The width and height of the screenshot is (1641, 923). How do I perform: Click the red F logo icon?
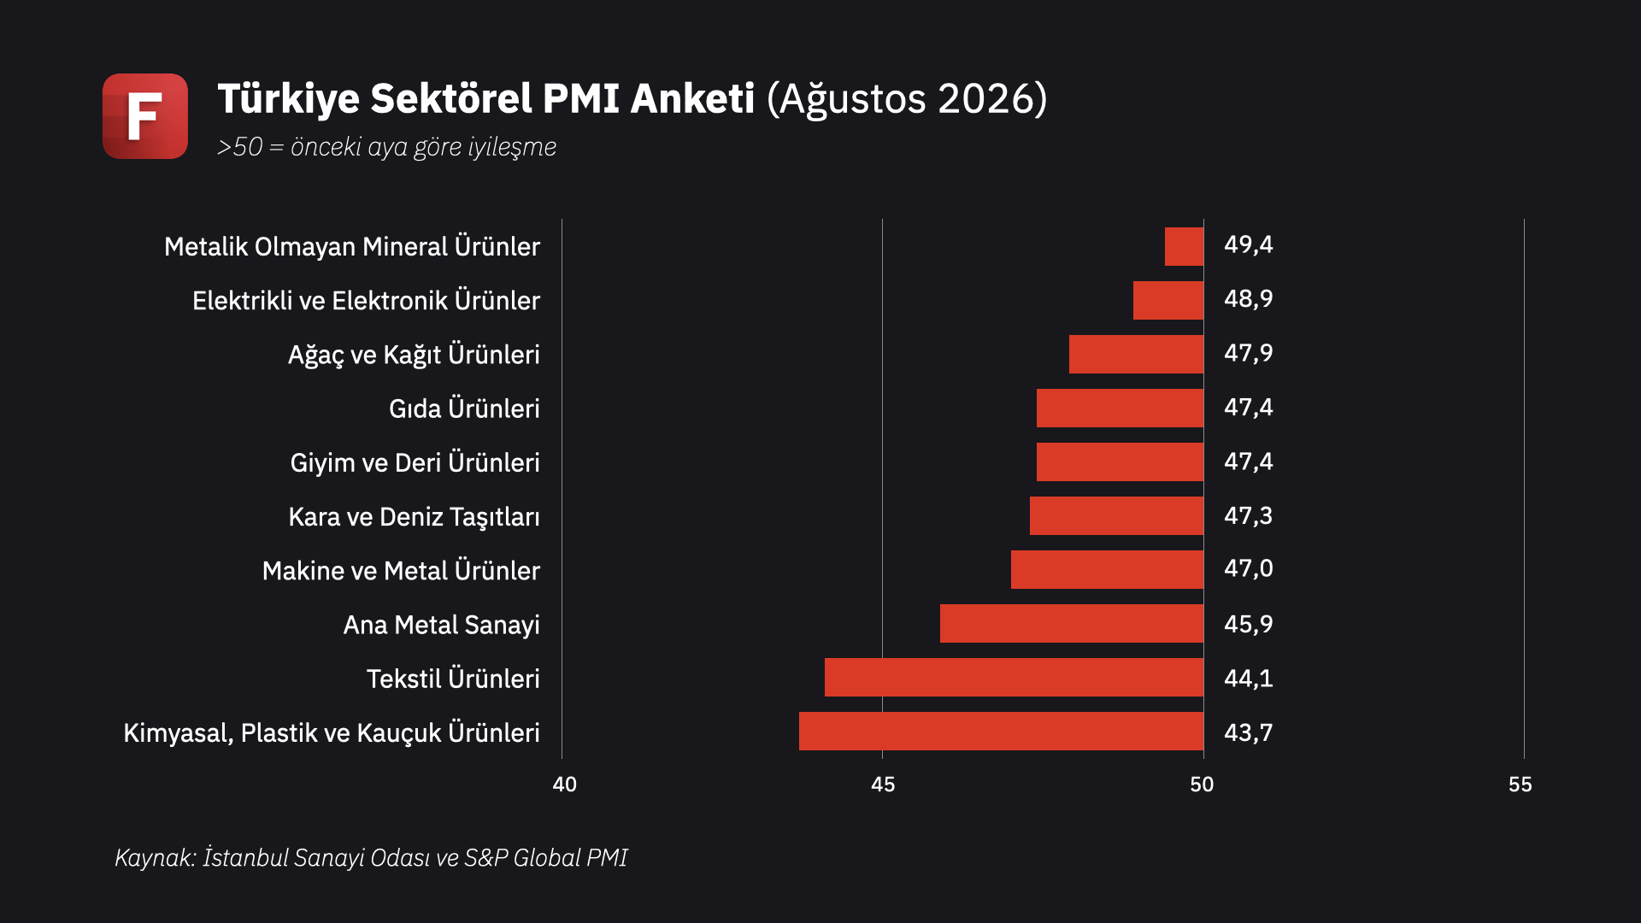click(x=145, y=116)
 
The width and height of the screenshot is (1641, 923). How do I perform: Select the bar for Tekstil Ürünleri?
click(x=1014, y=677)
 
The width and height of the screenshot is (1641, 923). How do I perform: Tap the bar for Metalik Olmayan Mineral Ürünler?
click(x=1184, y=246)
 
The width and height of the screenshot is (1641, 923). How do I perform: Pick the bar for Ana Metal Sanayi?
click(x=1072, y=623)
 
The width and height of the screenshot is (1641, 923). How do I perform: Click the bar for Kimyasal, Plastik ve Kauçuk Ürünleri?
click(x=1001, y=731)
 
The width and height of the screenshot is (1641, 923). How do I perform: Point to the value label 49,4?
click(x=1249, y=245)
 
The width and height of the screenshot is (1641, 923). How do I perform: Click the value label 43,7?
click(x=1249, y=732)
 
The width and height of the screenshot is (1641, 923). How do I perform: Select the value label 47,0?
click(x=1249, y=568)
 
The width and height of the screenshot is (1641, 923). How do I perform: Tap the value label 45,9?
click(x=1249, y=624)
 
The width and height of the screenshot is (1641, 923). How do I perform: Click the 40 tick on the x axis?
click(x=565, y=785)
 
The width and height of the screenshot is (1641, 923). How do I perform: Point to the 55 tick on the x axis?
click(x=1520, y=785)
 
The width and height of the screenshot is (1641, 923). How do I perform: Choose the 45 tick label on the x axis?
click(x=883, y=785)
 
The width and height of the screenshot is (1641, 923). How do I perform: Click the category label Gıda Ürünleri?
click(x=464, y=408)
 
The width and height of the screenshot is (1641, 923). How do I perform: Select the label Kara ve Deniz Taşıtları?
click(x=415, y=517)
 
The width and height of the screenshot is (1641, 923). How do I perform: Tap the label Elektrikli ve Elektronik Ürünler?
click(x=366, y=300)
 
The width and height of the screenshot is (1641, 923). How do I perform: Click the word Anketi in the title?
click(x=692, y=98)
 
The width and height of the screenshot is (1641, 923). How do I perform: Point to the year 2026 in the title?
click(x=986, y=98)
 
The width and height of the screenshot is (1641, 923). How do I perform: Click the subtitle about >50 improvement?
click(x=386, y=147)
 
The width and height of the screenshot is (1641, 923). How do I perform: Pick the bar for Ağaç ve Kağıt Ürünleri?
click(x=1136, y=354)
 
